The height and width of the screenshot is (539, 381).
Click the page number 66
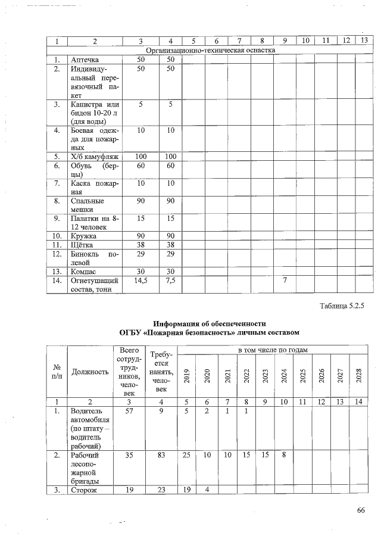tap(360, 510)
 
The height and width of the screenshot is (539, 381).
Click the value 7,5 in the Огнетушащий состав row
tap(170, 280)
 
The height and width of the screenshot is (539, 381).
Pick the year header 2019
tap(186, 375)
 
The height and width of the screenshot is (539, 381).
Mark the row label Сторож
tap(83, 491)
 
